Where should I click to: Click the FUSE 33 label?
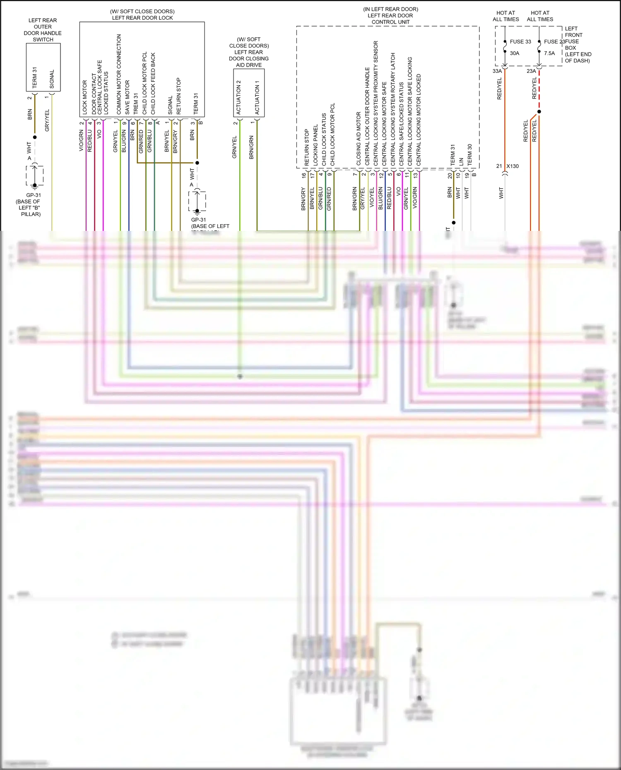[x=520, y=42]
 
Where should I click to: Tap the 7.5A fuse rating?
[x=549, y=53]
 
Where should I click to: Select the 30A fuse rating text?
[x=515, y=53]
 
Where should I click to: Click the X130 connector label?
[x=513, y=166]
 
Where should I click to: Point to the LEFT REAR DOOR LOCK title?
[x=142, y=18]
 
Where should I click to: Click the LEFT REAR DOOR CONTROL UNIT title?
[x=390, y=19]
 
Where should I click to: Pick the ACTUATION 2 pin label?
[x=238, y=98]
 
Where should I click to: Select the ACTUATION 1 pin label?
[x=257, y=98]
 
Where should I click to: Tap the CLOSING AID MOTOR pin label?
[x=359, y=139]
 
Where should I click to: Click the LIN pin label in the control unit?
[x=461, y=162]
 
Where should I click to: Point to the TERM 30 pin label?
[x=470, y=155]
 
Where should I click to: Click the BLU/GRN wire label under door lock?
[x=124, y=141]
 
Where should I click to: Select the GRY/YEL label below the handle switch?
[x=47, y=120]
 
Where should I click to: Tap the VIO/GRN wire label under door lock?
[x=82, y=141]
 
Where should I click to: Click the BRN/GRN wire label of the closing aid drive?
[x=251, y=147]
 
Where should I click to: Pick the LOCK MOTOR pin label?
[x=85, y=97]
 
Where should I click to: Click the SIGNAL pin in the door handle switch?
[x=52, y=79]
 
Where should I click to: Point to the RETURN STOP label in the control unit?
[x=307, y=148]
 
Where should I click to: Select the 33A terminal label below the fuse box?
[x=497, y=71]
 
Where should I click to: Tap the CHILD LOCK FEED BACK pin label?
[x=153, y=84]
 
